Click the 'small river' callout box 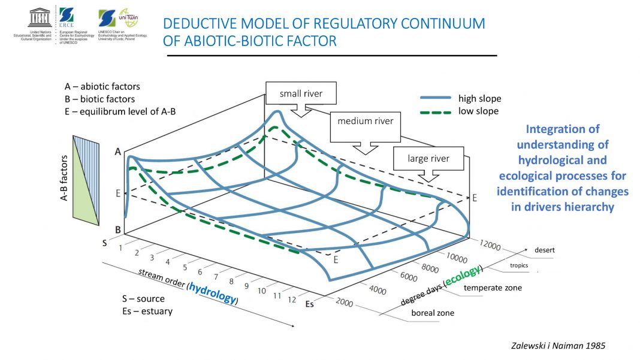click(301, 93)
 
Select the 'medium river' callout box click(366, 122)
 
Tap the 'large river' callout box click(428, 159)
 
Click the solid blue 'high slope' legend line click(437, 98)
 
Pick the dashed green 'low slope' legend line click(437, 111)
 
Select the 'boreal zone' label click(432, 313)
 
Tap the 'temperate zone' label click(493, 288)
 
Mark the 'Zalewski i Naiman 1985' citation click(559, 345)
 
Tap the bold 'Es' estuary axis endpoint click(310, 304)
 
